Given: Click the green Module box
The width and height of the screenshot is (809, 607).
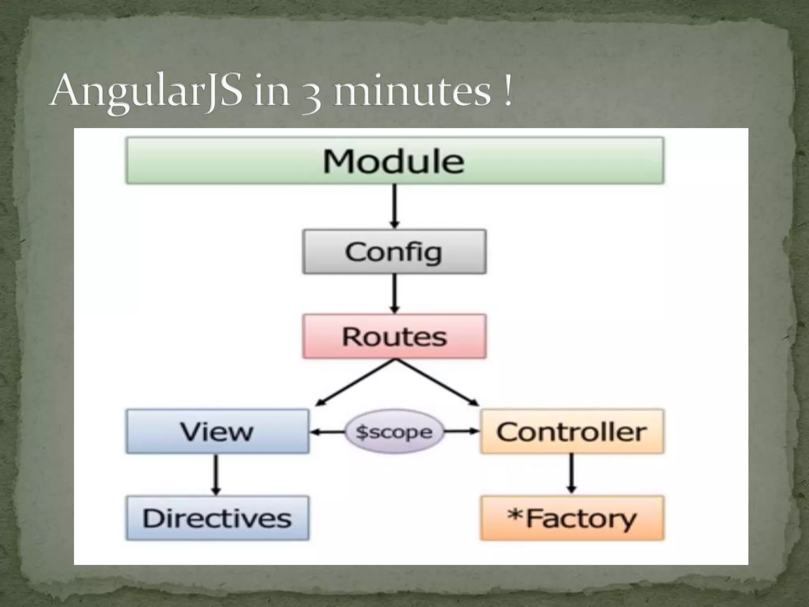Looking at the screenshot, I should [394, 160].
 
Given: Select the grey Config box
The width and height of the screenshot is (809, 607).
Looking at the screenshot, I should [394, 252].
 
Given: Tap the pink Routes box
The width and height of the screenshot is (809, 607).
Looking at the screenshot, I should [394, 337].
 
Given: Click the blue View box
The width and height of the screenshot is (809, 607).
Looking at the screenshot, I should [217, 431].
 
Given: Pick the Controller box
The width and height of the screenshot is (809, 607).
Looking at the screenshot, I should [572, 431].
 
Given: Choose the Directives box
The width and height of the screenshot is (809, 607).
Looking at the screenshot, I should [217, 518].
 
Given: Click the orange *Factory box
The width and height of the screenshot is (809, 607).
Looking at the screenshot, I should [572, 518].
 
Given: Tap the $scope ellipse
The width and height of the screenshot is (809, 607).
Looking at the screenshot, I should [394, 432].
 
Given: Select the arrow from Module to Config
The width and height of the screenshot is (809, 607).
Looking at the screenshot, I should [394, 206].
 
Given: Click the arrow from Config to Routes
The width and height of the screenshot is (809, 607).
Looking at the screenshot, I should [394, 294].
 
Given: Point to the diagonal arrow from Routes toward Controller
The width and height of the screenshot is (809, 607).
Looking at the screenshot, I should [437, 383].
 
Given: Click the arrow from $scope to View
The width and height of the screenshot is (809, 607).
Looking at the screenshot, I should [328, 432].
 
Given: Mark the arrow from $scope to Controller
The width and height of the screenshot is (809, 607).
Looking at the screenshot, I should [461, 432].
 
